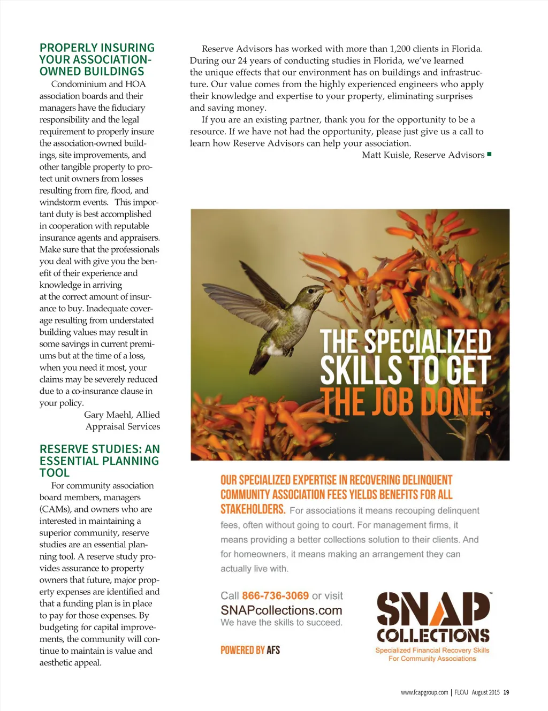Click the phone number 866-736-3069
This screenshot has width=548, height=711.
(x=275, y=595)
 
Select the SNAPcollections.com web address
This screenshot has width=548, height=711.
(x=281, y=610)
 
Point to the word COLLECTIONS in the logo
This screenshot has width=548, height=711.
(x=432, y=635)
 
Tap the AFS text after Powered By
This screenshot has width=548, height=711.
(x=273, y=650)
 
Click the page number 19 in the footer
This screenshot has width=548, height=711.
(x=506, y=692)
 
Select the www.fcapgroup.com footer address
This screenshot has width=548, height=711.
(x=424, y=692)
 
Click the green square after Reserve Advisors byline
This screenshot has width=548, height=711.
(x=489, y=155)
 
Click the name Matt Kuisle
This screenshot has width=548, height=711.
(x=386, y=155)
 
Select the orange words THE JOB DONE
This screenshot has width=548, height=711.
(x=405, y=402)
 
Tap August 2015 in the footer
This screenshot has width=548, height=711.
(x=485, y=692)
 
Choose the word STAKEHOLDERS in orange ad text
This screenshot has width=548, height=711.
(x=253, y=509)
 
